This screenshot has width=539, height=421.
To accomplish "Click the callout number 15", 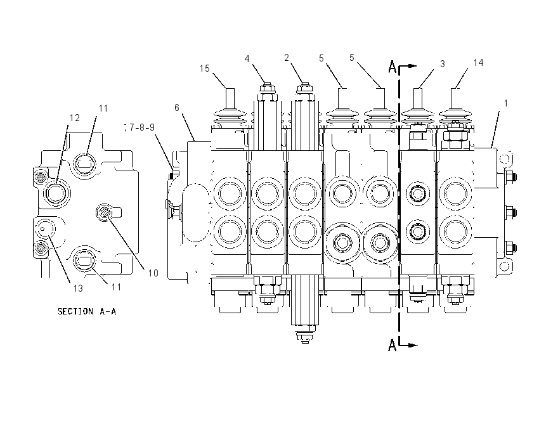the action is [x=205, y=68].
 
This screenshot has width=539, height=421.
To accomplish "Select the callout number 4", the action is [x=247, y=59].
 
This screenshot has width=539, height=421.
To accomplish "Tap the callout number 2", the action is [x=287, y=58].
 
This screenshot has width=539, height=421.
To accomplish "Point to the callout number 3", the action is [x=443, y=64].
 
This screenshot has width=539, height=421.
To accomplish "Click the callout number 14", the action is [x=479, y=63].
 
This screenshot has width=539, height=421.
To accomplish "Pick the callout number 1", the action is [x=505, y=103].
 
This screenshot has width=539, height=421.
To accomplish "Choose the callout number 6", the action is [x=177, y=108].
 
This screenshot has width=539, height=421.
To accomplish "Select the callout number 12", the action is [x=75, y=118].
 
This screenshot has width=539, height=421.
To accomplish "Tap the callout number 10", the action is [x=153, y=273].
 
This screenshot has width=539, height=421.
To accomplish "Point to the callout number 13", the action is [x=79, y=288].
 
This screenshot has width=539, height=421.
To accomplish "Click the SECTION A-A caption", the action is [x=87, y=311].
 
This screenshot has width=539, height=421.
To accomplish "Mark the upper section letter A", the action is [x=393, y=67].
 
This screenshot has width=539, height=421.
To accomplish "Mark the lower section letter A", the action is [x=393, y=345].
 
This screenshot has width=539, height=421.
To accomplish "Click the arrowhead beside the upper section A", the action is [x=413, y=66].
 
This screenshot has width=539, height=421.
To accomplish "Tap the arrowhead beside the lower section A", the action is [x=413, y=345].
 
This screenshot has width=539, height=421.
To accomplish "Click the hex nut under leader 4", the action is [x=268, y=88].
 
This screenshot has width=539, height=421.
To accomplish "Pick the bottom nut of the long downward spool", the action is [x=304, y=337].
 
